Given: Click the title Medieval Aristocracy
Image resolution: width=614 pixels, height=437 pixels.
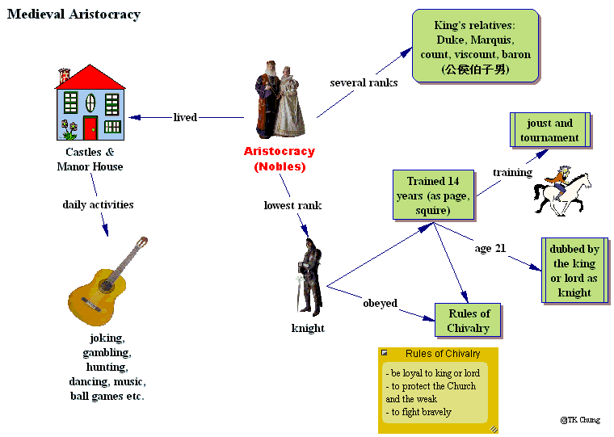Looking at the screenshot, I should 74,15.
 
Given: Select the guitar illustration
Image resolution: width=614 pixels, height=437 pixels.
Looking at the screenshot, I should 107,279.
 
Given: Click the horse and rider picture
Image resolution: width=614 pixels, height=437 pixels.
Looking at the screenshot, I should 558,191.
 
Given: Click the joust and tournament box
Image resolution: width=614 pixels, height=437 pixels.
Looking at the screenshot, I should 549,130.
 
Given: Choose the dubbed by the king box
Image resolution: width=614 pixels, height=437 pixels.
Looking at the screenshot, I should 574,271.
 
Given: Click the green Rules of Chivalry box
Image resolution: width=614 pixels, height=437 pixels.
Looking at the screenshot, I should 468,321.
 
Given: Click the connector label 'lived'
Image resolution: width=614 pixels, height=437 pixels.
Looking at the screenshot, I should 185,117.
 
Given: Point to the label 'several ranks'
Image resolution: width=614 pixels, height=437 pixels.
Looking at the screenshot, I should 364,82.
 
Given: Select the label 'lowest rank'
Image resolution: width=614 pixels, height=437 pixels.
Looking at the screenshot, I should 292,205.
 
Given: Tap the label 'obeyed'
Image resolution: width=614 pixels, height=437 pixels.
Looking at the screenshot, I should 380,303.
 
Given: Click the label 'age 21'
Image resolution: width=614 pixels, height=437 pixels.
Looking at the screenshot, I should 490,248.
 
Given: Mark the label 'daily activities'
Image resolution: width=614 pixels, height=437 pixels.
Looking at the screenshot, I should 98,204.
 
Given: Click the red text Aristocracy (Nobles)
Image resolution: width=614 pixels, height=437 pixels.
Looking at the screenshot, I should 280,158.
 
